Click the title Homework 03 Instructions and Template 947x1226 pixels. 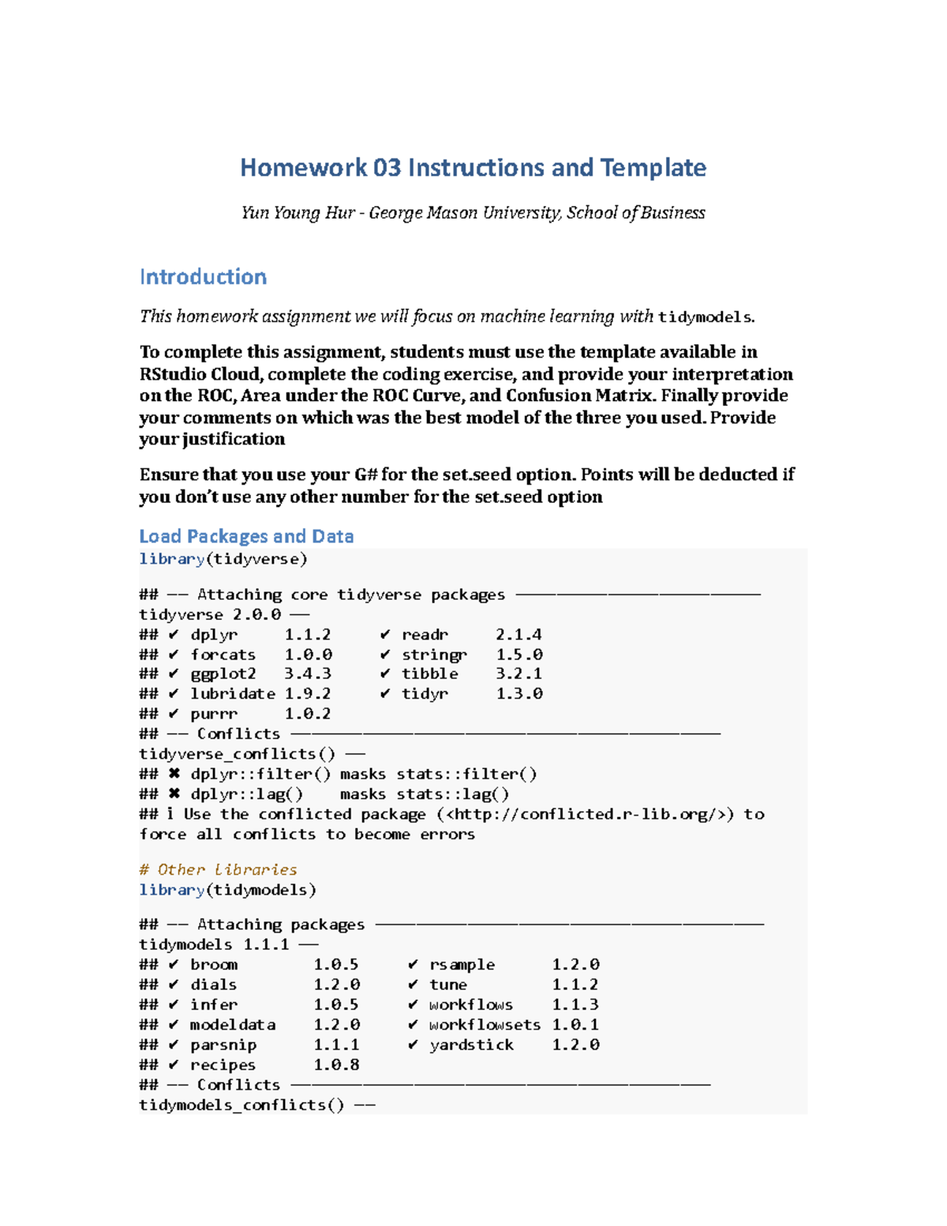pyautogui.click(x=473, y=167)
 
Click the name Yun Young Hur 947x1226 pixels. pyautogui.click(x=298, y=212)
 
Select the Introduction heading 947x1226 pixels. pyautogui.click(x=203, y=277)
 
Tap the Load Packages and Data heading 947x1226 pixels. pyautogui.click(x=246, y=536)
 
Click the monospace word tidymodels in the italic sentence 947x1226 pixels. pyautogui.click(x=704, y=317)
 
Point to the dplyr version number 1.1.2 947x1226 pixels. pyautogui.click(x=308, y=635)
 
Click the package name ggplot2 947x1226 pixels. pyautogui.click(x=223, y=673)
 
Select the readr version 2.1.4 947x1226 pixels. pyautogui.click(x=518, y=635)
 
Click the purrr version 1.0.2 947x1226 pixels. pyautogui.click(x=308, y=714)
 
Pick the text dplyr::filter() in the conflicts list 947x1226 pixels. pyautogui.click(x=260, y=774)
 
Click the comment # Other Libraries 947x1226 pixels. pyautogui.click(x=218, y=869)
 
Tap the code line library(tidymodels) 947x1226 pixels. pyautogui.click(x=227, y=890)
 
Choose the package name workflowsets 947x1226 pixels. pyautogui.click(x=485, y=1025)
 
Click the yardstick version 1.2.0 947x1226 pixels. pyautogui.click(x=575, y=1044)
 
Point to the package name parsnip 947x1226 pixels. pyautogui.click(x=223, y=1044)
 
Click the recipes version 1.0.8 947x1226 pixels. pyautogui.click(x=336, y=1065)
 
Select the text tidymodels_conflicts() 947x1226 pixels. pyautogui.click(x=241, y=1104)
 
